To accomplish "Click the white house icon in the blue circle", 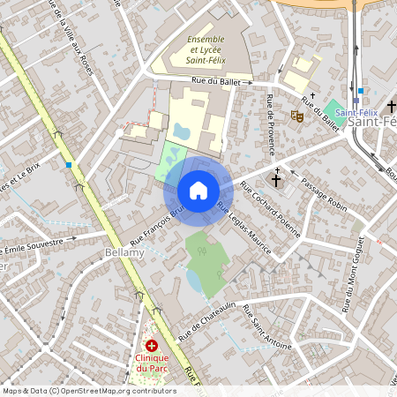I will pos(198,191).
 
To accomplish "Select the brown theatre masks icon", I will pos(297,115).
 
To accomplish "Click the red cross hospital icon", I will pos(152,345).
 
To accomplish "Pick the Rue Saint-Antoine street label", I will pos(266,326).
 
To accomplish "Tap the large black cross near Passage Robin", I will pos(276,179).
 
